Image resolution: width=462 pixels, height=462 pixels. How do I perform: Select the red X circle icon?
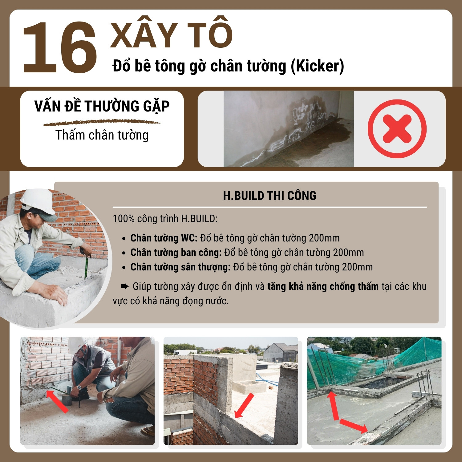[397, 129]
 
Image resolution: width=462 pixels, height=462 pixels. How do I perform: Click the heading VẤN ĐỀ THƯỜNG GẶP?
[102, 106]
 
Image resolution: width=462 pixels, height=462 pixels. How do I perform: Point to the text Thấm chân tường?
[102, 135]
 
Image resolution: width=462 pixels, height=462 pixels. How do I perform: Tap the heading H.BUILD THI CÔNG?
[269, 196]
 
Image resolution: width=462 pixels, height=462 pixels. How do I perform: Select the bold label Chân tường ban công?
[176, 253]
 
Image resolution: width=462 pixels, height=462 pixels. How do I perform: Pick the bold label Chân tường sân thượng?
[180, 267]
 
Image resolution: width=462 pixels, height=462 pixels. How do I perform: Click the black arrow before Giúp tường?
[125, 287]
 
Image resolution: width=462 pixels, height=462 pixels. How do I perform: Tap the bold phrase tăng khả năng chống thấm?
[323, 287]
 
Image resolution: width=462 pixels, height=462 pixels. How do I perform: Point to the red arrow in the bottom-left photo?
[57, 401]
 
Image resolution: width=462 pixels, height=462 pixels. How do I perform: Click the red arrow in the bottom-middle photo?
[244, 406]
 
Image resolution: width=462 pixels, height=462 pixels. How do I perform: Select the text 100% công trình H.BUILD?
[165, 219]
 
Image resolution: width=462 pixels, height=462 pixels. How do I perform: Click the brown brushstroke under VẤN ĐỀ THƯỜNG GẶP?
[102, 123]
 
